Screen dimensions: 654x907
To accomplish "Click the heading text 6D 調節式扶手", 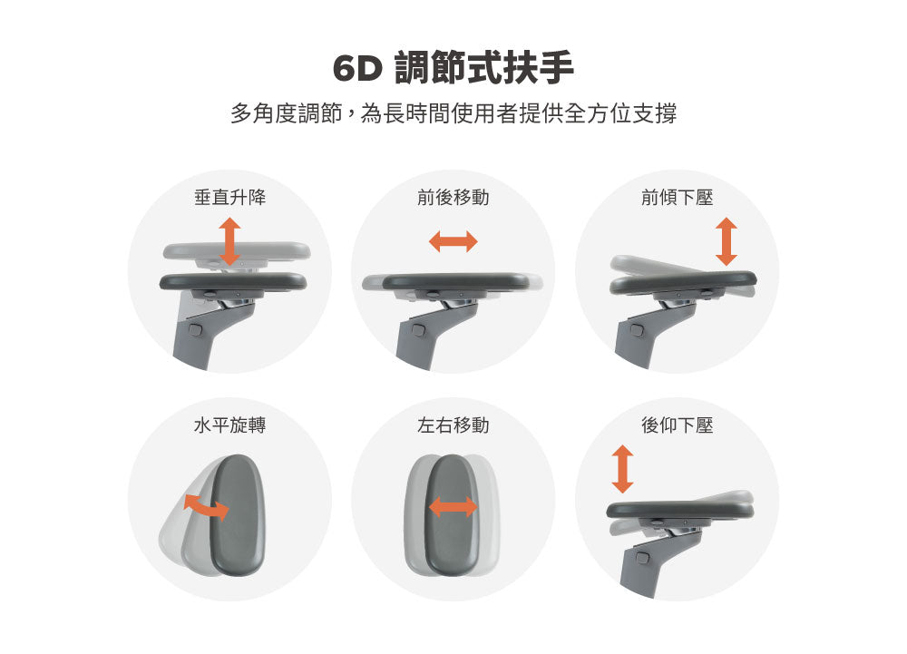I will pos(453,69).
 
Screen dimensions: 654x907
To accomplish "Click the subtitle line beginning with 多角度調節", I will pos(453,114).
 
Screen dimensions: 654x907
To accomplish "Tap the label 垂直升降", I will pos(229,197).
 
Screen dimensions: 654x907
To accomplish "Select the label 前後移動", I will pos(453,197).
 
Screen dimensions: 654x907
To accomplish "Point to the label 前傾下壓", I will pos(677,197).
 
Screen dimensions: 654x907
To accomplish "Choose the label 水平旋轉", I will pos(229,425).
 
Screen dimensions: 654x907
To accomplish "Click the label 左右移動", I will pos(453,425).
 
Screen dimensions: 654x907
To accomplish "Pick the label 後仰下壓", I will pos(677,425).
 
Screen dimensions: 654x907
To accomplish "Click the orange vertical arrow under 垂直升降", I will pos(229,241).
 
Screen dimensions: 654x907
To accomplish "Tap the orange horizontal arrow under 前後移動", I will pos(453,241).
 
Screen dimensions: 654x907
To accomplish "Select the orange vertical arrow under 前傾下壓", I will pos(726,241).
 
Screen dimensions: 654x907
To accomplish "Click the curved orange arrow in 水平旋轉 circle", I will pos(206,507).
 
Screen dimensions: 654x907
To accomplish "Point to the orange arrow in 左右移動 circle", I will pos(453,507).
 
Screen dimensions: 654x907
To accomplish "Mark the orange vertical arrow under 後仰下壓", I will pos(622,469).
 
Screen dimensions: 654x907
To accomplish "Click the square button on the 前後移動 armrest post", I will pos(418,327).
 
